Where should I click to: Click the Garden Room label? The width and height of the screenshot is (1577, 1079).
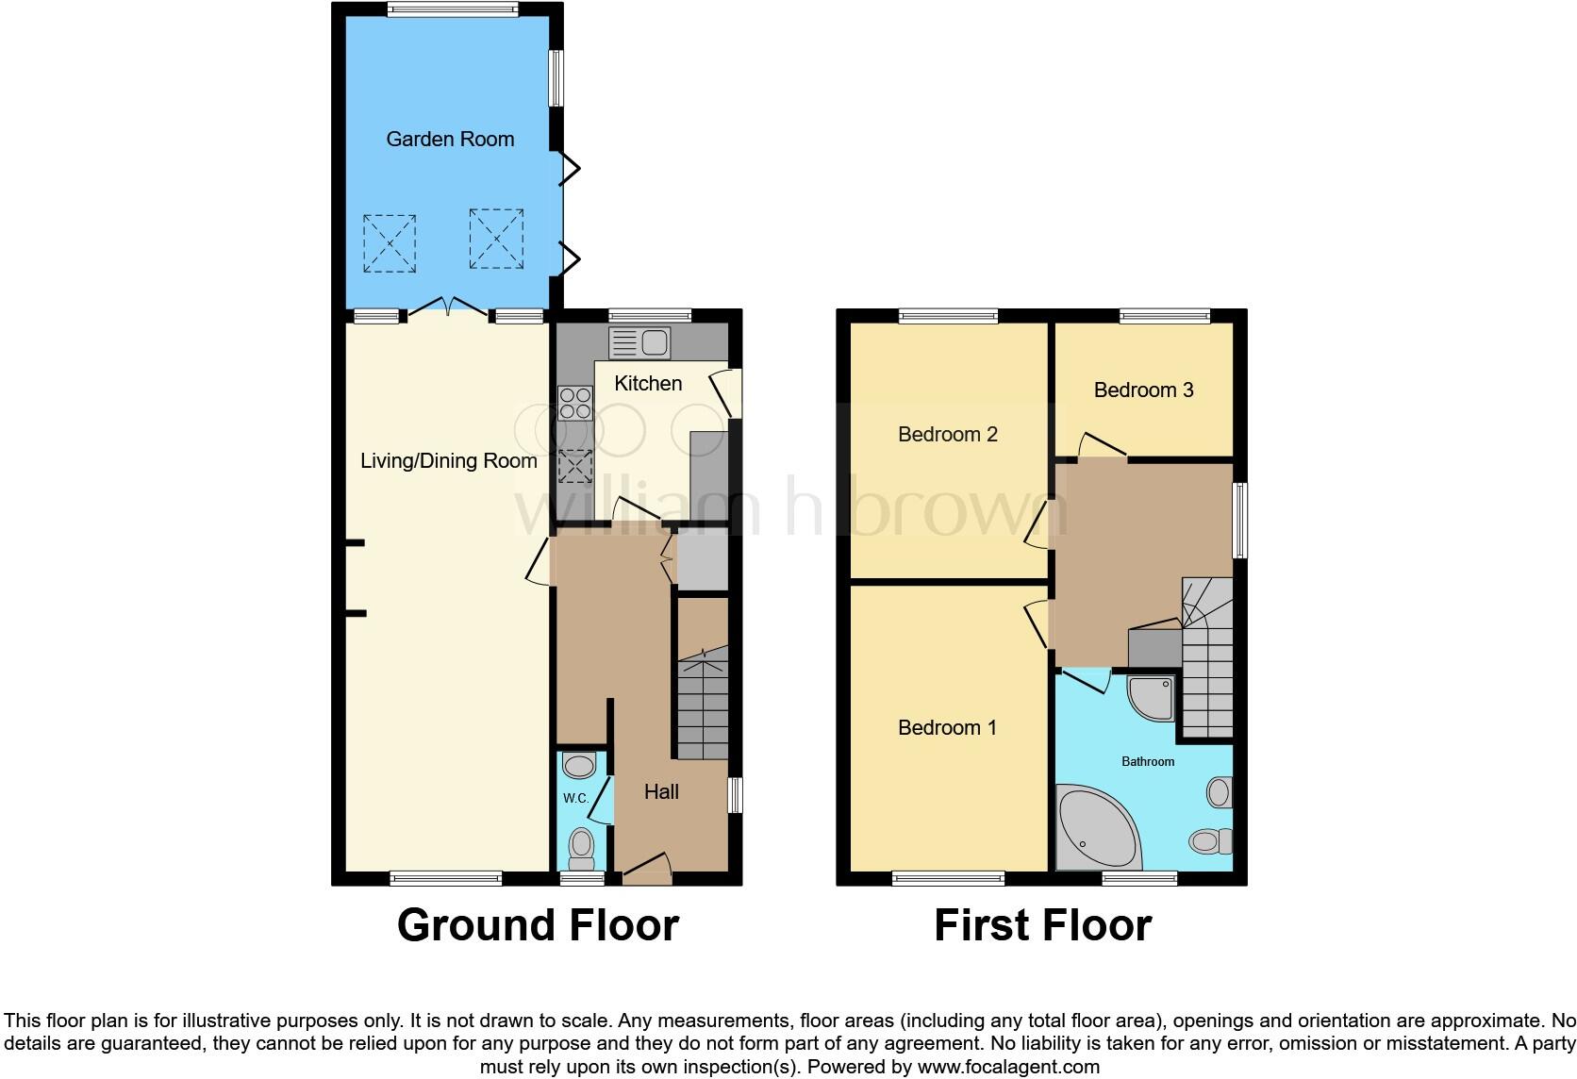coord(450,140)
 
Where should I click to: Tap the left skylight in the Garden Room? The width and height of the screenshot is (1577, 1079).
coord(390,243)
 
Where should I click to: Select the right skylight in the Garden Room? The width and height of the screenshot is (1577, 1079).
coord(496,240)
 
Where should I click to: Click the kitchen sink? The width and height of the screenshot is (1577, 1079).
coord(640,343)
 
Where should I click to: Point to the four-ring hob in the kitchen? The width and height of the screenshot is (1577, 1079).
coord(575,404)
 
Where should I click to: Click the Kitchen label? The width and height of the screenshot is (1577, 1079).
coord(648,383)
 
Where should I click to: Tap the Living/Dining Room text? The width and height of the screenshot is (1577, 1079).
coord(449,461)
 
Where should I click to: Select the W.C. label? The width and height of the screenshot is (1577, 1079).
coord(575,799)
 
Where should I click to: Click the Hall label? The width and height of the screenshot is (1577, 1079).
coord(661,792)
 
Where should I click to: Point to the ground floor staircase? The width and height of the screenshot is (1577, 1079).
coord(703,707)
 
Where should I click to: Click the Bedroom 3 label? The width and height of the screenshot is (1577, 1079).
coord(1143,390)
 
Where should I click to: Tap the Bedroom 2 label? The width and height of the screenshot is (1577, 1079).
coord(947,435)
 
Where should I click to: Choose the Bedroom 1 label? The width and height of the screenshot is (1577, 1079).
coord(946,728)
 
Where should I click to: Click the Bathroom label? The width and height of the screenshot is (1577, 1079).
coord(1147,761)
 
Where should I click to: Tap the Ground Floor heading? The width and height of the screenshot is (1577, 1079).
coord(538,925)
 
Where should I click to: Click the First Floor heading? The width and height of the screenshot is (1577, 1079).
coord(1042,925)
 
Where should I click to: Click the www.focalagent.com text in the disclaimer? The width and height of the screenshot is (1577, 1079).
coord(1007,1068)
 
